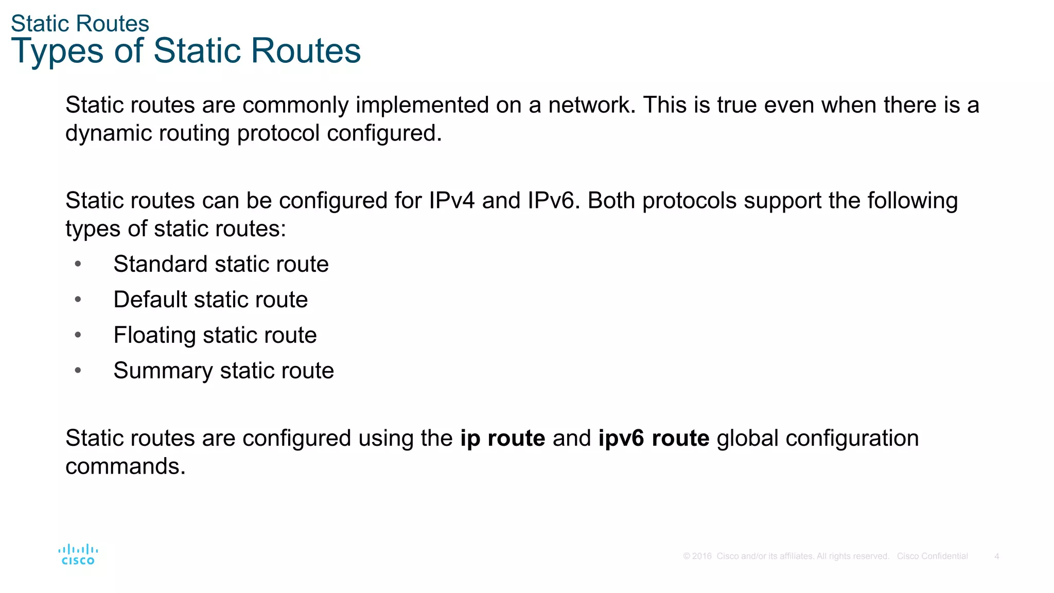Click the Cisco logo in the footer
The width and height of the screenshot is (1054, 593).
[78, 555]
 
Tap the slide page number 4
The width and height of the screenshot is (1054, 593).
[996, 556]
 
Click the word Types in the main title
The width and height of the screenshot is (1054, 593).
[57, 51]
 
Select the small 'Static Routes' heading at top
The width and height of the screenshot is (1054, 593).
[80, 24]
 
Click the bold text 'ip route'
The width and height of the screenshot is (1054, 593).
[502, 439]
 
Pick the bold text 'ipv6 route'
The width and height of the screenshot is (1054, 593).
[654, 439]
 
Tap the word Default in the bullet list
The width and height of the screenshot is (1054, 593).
[150, 300]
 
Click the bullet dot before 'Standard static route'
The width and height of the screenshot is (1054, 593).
[78, 264]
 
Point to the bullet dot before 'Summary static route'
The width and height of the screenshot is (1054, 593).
[78, 371]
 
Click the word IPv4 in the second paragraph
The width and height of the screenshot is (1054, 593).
[451, 201]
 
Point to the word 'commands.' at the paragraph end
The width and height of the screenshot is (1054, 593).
[125, 466]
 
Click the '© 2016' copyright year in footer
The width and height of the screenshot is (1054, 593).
[697, 556]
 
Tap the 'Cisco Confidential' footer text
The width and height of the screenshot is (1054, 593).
[932, 556]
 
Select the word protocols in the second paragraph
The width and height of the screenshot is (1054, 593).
[689, 201]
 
